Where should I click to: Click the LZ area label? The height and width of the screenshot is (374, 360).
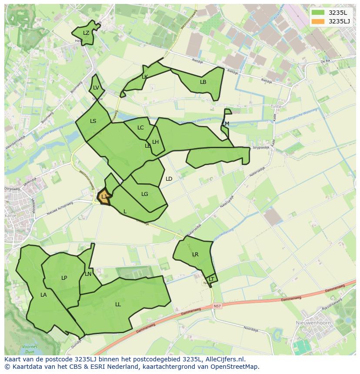(86, 33)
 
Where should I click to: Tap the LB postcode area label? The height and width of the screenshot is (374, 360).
(203, 82)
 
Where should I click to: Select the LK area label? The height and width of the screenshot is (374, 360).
(145, 77)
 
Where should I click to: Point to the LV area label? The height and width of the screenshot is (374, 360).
(96, 88)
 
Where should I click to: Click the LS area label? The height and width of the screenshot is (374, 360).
(93, 121)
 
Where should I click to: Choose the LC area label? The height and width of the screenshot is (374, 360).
(140, 128)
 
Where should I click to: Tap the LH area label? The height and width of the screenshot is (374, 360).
(155, 142)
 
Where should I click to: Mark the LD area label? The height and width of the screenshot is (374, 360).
(169, 179)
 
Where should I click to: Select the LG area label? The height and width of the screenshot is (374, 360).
(145, 194)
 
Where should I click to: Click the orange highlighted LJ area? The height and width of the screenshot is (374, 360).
(104, 197)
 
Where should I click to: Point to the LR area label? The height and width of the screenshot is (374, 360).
(195, 255)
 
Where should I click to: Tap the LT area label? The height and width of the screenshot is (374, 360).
(211, 279)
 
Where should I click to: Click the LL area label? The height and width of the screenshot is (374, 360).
(118, 304)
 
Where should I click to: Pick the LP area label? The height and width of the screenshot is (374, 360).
(64, 278)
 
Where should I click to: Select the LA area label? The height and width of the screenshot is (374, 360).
(43, 295)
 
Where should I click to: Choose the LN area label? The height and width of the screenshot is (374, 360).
(88, 274)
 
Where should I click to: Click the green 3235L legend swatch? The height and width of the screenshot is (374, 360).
(318, 12)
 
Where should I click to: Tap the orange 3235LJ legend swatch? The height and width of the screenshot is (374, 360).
(318, 21)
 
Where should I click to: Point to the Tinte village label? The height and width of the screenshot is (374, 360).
(276, 106)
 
